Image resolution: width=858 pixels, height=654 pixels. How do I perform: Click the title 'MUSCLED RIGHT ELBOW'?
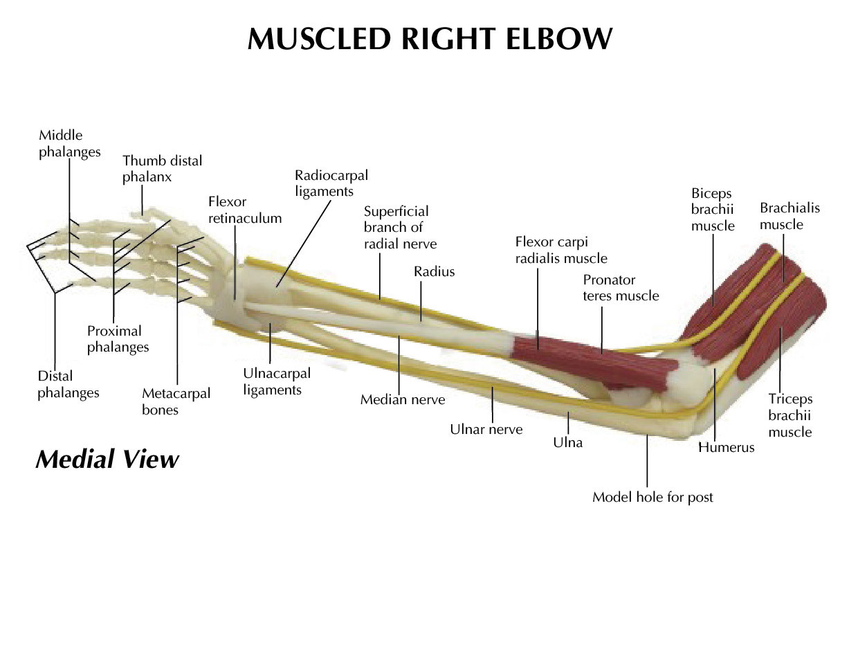pos(429,39)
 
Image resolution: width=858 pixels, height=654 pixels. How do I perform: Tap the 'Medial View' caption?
pos(107,459)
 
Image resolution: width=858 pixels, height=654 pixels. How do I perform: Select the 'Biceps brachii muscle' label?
pos(712,209)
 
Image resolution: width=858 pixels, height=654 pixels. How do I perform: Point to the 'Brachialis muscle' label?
pos(789,216)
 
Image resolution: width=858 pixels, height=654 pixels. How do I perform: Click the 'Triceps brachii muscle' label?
pos(790,415)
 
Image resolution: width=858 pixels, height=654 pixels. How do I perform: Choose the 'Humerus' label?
pos(726,447)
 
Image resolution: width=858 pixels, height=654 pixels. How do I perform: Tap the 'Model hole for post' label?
pos(652,497)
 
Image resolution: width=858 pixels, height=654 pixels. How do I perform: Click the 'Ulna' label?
pos(567,442)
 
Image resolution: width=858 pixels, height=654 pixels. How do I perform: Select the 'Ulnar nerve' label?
pos(486,429)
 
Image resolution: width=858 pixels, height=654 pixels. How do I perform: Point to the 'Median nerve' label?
pos(402,399)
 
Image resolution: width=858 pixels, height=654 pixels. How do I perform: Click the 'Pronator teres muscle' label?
pos(621,288)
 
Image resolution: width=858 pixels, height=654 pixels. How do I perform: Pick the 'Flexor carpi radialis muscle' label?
pos(560,250)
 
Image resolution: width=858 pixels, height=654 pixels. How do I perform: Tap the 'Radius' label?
pos(434,271)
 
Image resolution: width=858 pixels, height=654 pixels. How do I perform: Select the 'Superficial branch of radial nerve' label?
pos(400,227)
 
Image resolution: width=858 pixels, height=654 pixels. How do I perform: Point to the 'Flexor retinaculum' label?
pos(244,210)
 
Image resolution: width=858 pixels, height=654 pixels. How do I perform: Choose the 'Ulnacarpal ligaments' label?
pos(276,381)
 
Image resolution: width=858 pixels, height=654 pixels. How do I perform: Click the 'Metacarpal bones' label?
pos(176,401)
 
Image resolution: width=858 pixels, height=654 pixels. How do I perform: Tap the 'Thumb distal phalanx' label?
pos(162,169)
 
